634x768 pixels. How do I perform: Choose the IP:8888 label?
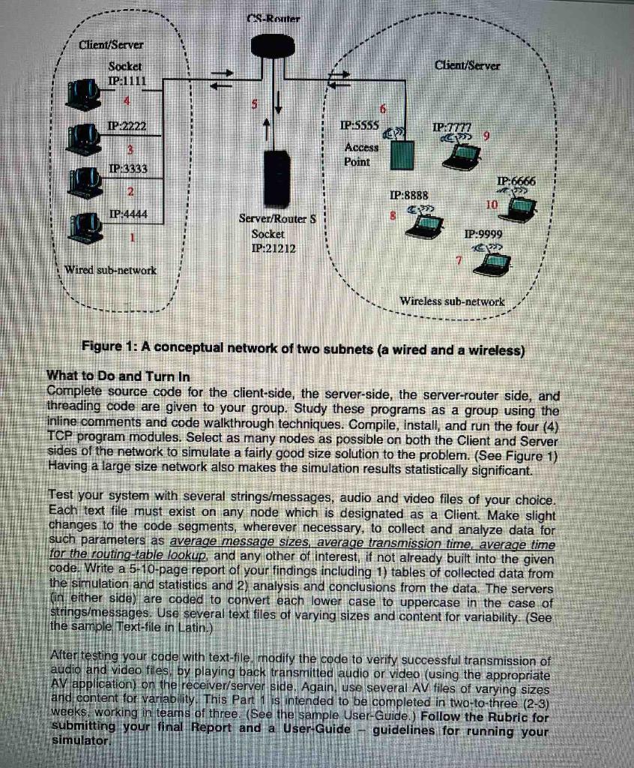click(408, 195)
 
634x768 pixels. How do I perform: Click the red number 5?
click(254, 106)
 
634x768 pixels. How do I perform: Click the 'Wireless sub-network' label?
click(452, 301)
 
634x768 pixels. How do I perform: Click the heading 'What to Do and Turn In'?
click(118, 375)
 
